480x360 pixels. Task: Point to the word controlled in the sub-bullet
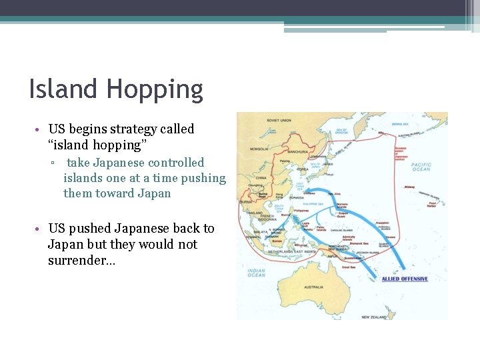point(177,163)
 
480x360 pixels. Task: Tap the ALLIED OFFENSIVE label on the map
point(405,279)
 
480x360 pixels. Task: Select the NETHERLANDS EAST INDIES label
point(294,251)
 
